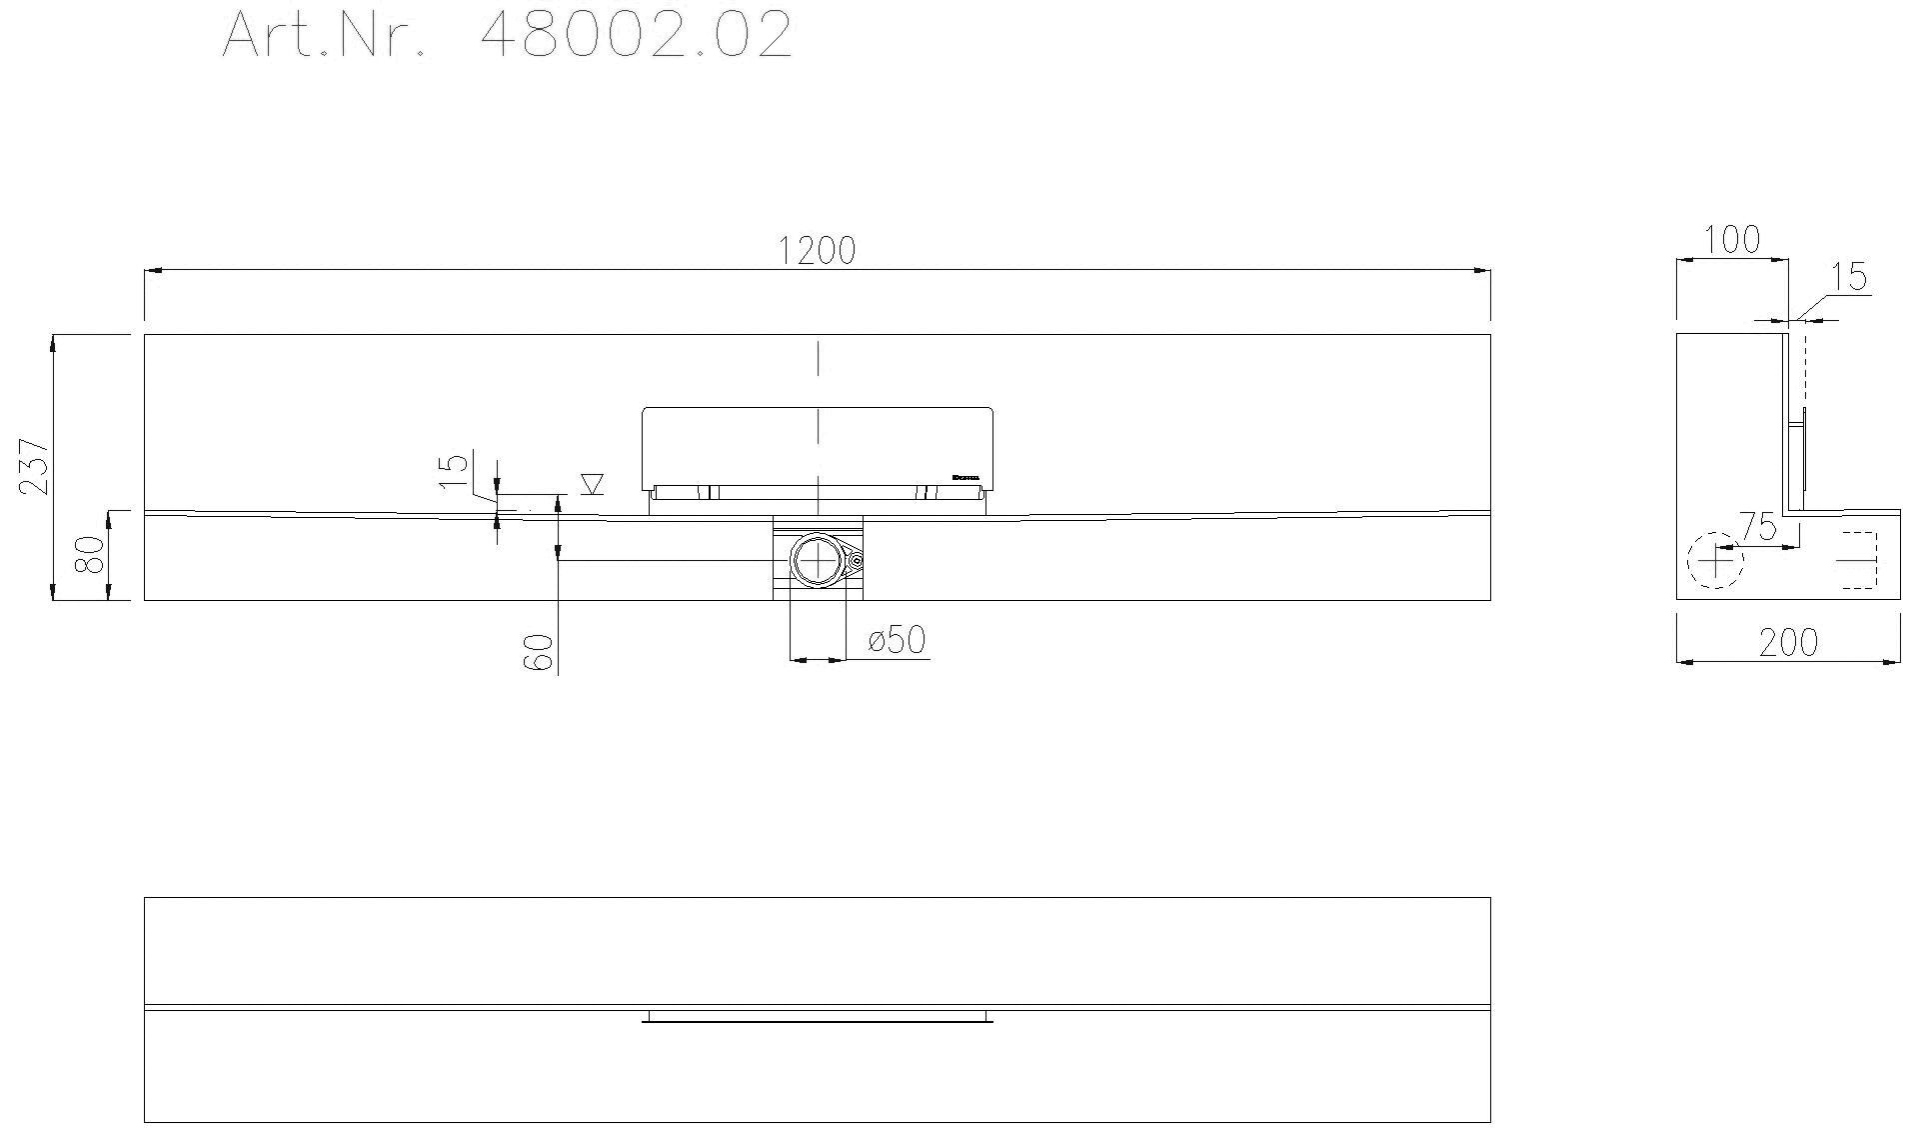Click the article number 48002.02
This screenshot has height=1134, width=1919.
click(x=636, y=35)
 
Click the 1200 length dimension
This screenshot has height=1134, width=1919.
click(x=817, y=250)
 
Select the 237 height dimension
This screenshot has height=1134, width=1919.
click(x=34, y=466)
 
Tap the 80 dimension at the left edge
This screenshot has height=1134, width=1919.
click(x=91, y=555)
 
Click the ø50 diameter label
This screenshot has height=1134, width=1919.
click(x=897, y=639)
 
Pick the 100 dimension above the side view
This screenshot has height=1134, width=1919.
click(x=1731, y=239)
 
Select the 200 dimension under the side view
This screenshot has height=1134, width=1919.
click(x=1788, y=643)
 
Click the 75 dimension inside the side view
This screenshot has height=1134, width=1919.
click(x=1756, y=526)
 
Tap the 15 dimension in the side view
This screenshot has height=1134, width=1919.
click(x=1850, y=276)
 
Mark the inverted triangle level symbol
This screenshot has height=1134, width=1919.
click(x=592, y=484)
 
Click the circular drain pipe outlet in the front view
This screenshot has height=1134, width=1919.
click(x=817, y=560)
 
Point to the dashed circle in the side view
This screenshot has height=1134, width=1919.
click(x=1715, y=561)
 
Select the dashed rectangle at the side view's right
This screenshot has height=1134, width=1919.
click(x=1858, y=561)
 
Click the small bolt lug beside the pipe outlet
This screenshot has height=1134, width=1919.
click(x=856, y=561)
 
